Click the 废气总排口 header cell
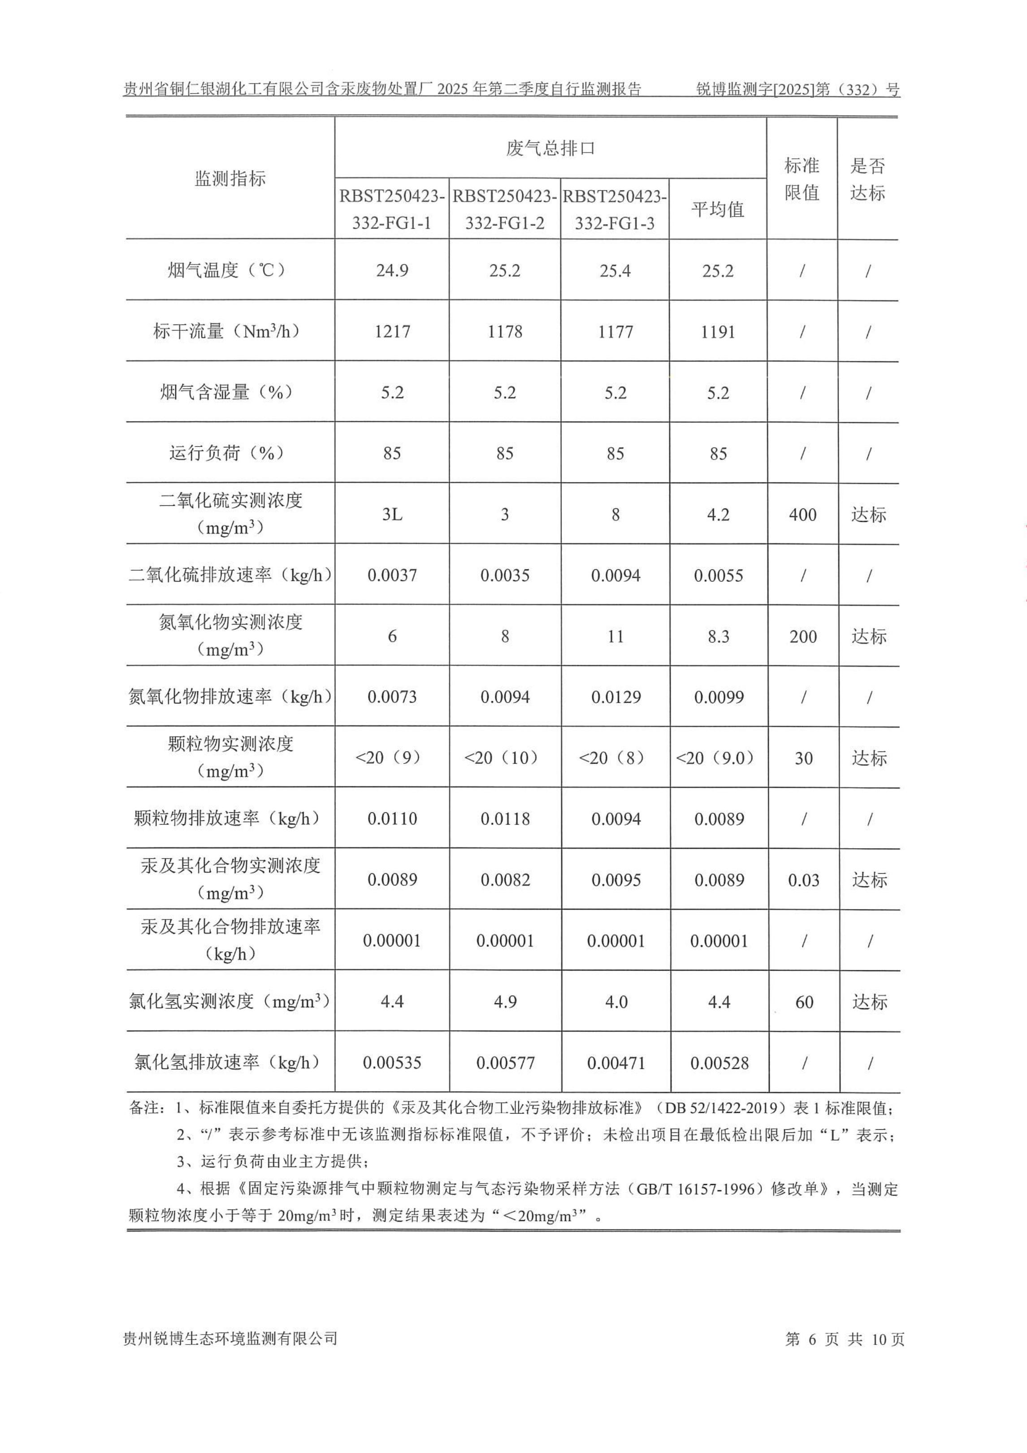pyautogui.click(x=550, y=148)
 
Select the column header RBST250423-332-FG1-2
pyautogui.click(x=504, y=209)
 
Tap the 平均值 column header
pyautogui.click(x=718, y=209)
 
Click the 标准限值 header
pyautogui.click(x=802, y=178)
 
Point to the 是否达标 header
pyautogui.click(x=867, y=179)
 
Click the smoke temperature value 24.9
pyautogui.click(x=392, y=271)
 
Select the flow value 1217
pyautogui.click(x=392, y=332)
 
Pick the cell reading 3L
pyautogui.click(x=392, y=515)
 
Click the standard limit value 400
pyautogui.click(x=802, y=515)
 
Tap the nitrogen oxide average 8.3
pyautogui.click(x=718, y=637)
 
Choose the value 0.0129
pyautogui.click(x=615, y=698)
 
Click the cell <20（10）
pyautogui.click(x=504, y=758)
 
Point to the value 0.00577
pyautogui.click(x=505, y=1063)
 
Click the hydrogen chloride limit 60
pyautogui.click(x=804, y=1002)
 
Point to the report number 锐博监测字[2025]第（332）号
pyautogui.click(x=797, y=89)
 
